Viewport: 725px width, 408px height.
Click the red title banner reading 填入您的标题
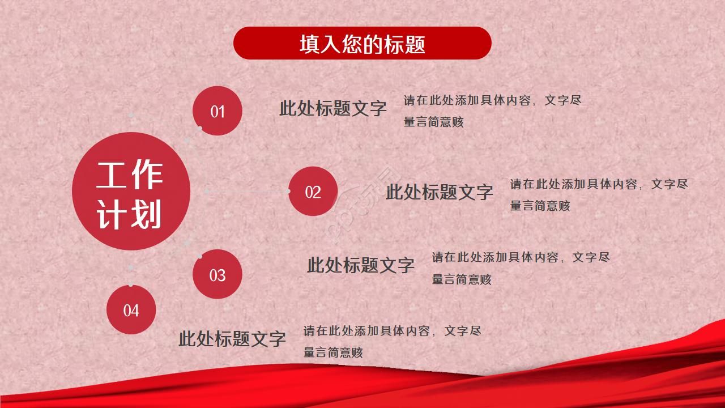coord(362,43)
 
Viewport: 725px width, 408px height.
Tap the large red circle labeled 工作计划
coord(131,192)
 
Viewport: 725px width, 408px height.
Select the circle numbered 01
coord(217,111)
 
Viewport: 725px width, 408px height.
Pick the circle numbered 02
coord(313,192)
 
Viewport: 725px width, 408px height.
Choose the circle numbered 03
coord(217,275)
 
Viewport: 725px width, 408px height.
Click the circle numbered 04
coord(131,310)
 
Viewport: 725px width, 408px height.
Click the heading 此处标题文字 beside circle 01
coord(332,108)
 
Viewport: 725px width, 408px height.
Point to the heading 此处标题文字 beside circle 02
coord(439,192)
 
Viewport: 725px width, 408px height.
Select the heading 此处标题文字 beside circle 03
coord(361,265)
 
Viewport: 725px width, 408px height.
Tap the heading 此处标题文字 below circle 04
coord(232,339)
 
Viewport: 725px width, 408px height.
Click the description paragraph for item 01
coord(492,111)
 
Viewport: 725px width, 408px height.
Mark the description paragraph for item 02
coord(599,195)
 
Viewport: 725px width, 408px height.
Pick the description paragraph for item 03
coord(521,268)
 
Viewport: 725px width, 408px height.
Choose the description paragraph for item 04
coord(392,342)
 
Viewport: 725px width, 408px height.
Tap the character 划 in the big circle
coord(147,214)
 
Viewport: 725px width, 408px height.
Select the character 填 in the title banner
coord(310,44)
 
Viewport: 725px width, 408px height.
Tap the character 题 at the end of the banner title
coord(415,44)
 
